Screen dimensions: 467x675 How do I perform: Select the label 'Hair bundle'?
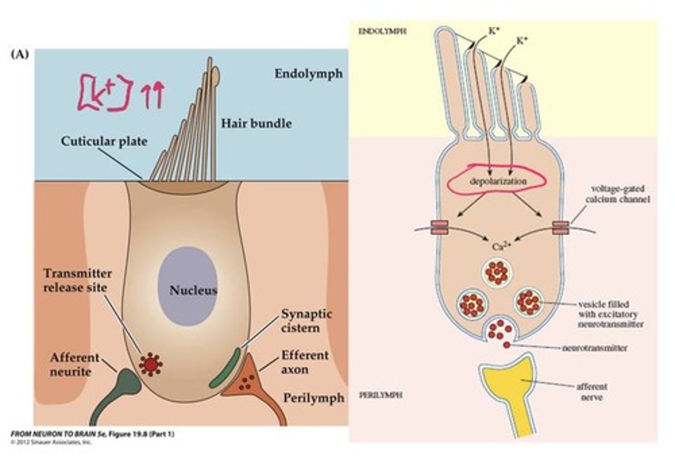(x=256, y=124)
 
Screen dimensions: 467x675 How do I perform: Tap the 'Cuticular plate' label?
(x=104, y=141)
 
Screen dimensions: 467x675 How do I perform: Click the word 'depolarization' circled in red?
(x=498, y=181)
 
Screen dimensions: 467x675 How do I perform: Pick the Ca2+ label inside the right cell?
(x=500, y=246)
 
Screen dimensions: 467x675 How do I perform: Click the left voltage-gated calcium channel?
(x=438, y=227)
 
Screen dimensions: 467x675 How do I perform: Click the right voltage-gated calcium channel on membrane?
(x=560, y=227)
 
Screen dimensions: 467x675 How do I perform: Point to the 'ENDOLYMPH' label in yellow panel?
(x=382, y=31)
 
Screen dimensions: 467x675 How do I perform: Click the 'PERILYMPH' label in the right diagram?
(x=380, y=395)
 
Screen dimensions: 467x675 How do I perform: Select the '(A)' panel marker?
(x=19, y=54)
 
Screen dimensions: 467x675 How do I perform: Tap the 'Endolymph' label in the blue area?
(x=308, y=74)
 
